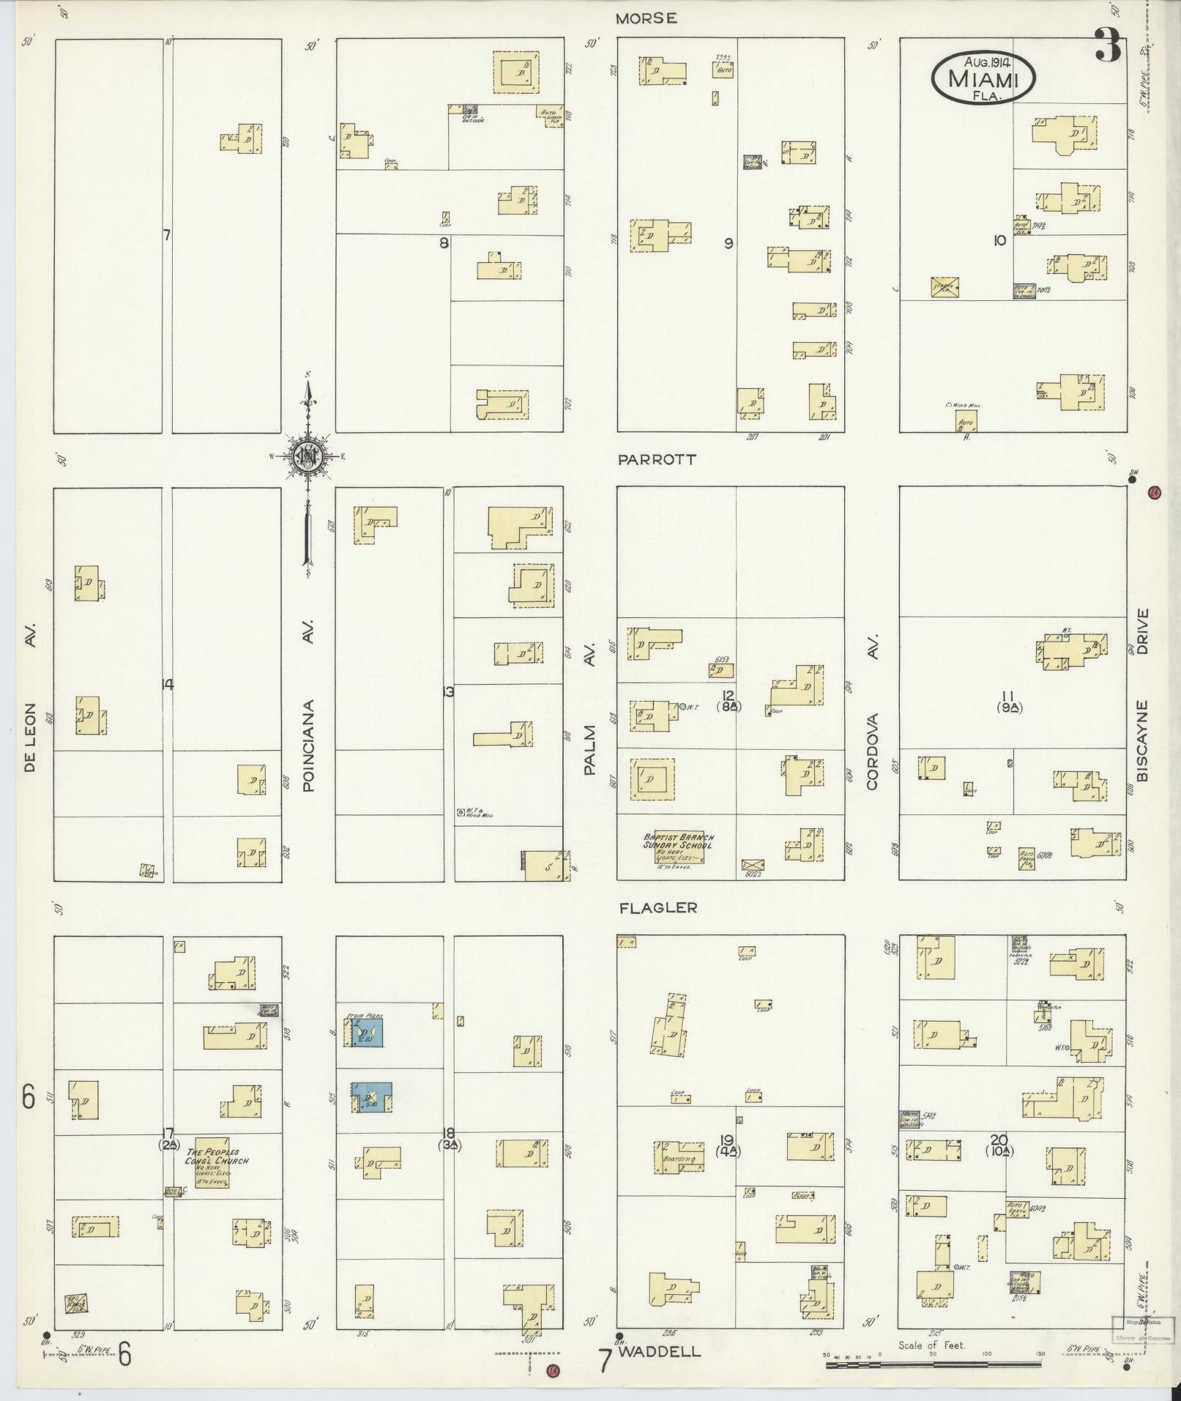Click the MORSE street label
pos(645,19)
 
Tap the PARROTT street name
pos(656,460)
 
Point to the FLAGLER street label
pos(658,908)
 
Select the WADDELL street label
pos(659,1352)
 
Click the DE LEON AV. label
pos(30,696)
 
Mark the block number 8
pos(444,242)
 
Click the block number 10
pos(999,239)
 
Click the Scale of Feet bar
pos(933,1365)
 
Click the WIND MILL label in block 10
pos(963,404)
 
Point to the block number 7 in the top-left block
pos(167,235)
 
